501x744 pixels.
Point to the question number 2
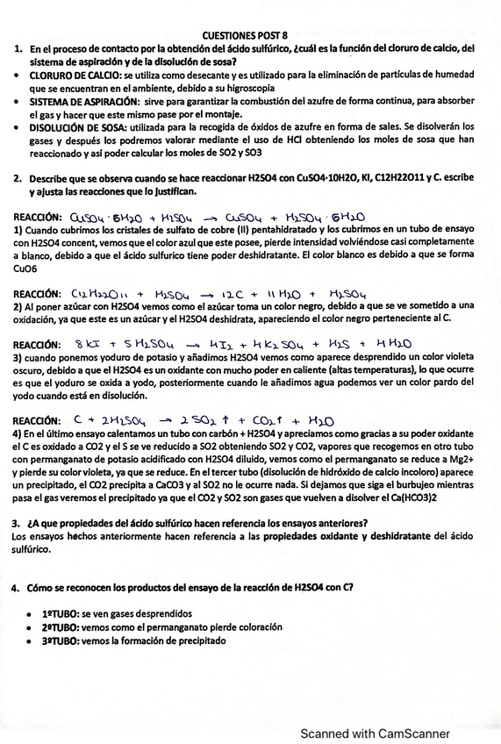(18, 177)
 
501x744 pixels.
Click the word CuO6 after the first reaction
(25, 270)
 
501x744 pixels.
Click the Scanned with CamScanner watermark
(376, 733)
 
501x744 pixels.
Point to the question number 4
(18, 587)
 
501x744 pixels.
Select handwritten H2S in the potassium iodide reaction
(338, 344)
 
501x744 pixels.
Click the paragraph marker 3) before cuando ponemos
(18, 358)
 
